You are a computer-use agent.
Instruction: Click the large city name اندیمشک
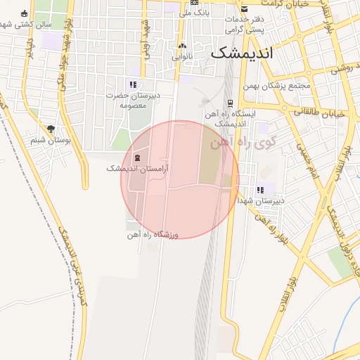pos(244,53)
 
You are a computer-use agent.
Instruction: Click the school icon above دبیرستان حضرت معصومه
pos(133,85)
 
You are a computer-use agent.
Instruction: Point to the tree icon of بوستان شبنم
pos(51,129)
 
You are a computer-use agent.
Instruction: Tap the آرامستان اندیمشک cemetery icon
pos(136,157)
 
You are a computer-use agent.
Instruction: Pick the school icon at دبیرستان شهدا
pos(260,190)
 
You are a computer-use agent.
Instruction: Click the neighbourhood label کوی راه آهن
pos(243,143)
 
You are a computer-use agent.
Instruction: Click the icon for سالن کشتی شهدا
pos(25,13)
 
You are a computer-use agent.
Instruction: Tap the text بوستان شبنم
pos(51,140)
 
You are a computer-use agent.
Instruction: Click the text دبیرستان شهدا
pos(261,200)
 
